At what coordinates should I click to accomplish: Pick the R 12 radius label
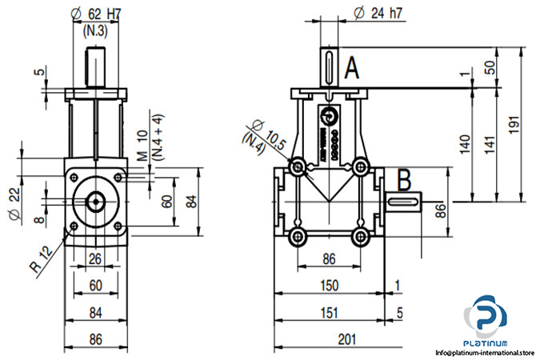coord(46,261)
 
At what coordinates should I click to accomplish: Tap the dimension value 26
coord(95,258)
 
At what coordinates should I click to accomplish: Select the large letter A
coord(352,70)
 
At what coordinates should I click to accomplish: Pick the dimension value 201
coord(346,339)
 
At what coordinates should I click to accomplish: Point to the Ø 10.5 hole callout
coord(267,134)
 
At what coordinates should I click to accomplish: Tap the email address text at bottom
coord(484,352)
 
